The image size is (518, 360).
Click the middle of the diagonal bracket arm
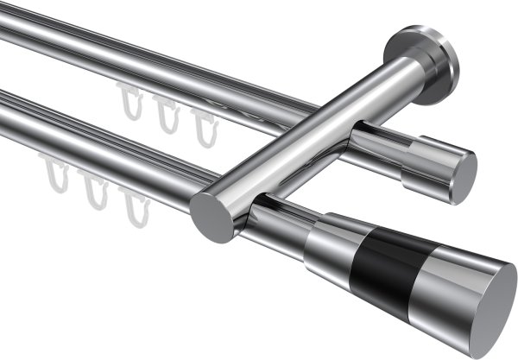[x=311, y=138]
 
